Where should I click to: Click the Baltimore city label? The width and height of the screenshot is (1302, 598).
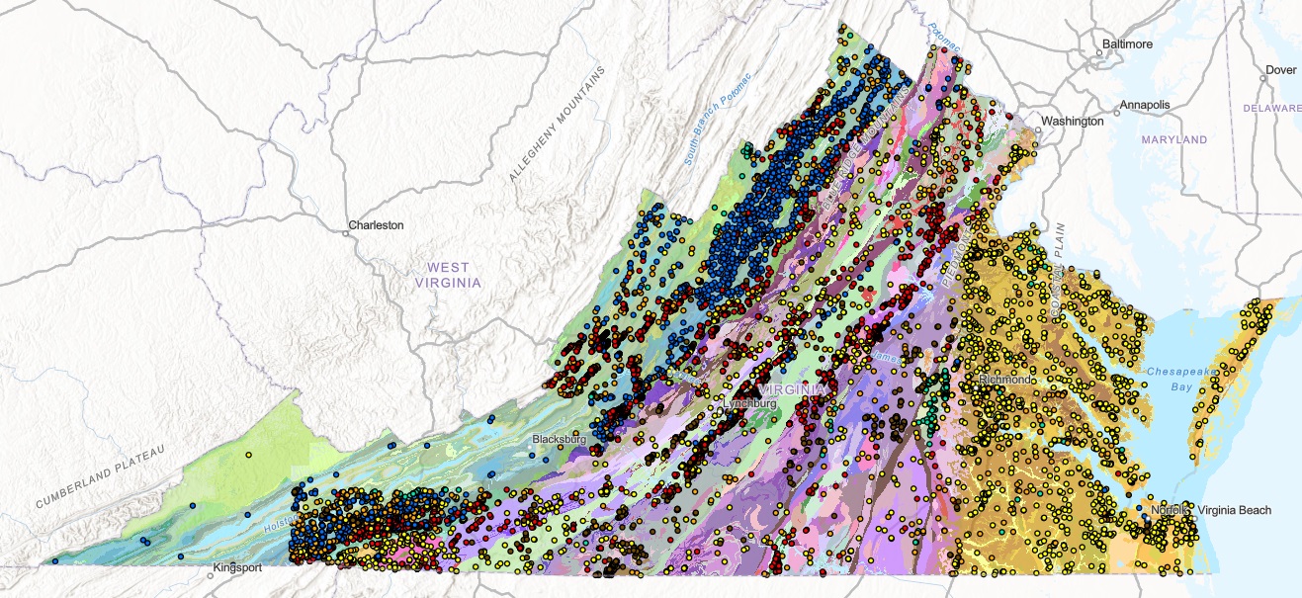(x=1128, y=44)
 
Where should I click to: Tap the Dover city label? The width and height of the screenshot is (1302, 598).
(x=1281, y=70)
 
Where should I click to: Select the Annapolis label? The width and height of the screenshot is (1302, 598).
(x=1145, y=105)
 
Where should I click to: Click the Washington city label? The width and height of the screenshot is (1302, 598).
(x=1072, y=122)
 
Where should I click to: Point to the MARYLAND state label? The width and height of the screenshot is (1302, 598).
(x=1174, y=140)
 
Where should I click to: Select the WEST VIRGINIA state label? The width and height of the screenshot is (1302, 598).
(x=448, y=275)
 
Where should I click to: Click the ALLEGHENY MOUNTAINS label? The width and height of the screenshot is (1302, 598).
(x=556, y=124)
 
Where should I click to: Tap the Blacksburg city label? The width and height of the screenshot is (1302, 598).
(x=560, y=438)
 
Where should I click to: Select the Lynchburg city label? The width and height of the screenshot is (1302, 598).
(x=750, y=404)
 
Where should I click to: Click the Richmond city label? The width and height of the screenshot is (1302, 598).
(x=1005, y=380)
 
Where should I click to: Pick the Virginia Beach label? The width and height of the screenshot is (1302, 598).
(x=1234, y=510)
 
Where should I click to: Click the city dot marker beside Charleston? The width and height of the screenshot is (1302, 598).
(x=349, y=234)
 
